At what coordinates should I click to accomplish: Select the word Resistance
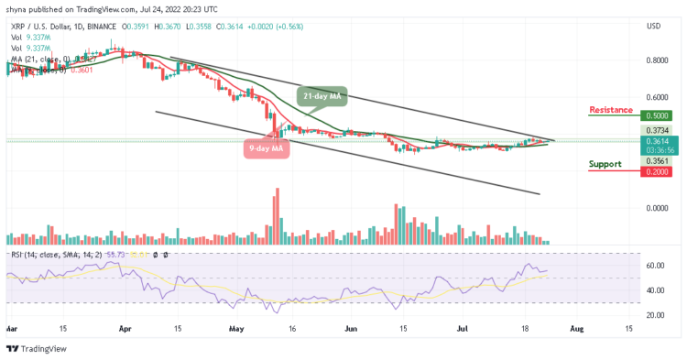pos(610,110)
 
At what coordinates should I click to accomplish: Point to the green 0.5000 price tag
pos(657,116)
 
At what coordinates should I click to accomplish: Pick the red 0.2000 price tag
pos(657,171)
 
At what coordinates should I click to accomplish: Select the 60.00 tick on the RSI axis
pos(651,266)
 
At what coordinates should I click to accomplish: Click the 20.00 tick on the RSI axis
pos(651,315)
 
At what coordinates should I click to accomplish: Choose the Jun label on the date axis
pos(348,328)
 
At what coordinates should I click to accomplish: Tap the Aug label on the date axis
pos(575,328)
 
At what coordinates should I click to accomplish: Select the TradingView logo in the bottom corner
pos(33,349)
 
